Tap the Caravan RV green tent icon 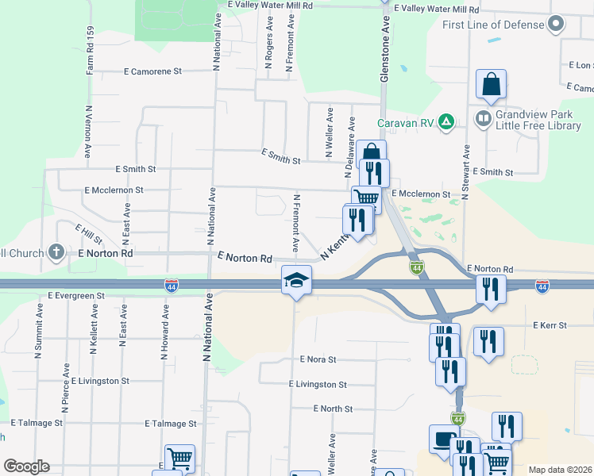pos(447,122)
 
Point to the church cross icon pos(56,252)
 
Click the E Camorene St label pos(153,71)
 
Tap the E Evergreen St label pos(75,295)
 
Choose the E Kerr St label pos(550,325)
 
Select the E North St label pos(333,409)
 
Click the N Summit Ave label pos(37,336)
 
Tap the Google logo pos(26,466)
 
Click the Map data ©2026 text pos(559,470)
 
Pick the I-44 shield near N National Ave pos(171,284)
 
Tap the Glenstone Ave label pos(386,36)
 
